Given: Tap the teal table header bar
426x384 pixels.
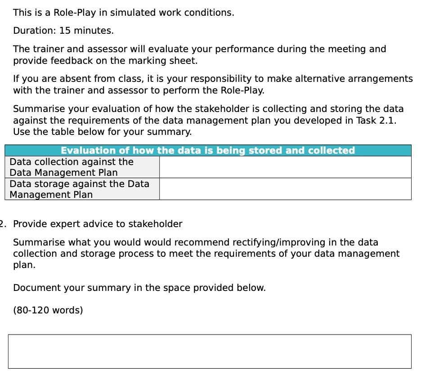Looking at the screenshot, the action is click(x=208, y=150).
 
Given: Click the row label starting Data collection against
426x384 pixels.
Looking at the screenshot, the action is click(x=72, y=167).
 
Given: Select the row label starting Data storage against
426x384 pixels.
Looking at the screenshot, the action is click(x=79, y=189).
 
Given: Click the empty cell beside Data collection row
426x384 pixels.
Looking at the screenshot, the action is click(x=285, y=167).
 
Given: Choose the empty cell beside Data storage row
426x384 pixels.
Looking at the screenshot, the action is click(x=285, y=189).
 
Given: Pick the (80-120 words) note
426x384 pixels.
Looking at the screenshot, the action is click(x=48, y=310).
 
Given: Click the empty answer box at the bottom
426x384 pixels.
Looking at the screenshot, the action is click(x=210, y=351).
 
